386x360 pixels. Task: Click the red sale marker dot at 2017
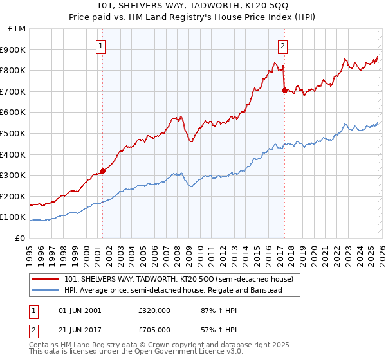coord(284,91)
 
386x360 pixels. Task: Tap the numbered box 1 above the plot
coord(102,46)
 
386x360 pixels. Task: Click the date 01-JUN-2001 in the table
coord(80,310)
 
